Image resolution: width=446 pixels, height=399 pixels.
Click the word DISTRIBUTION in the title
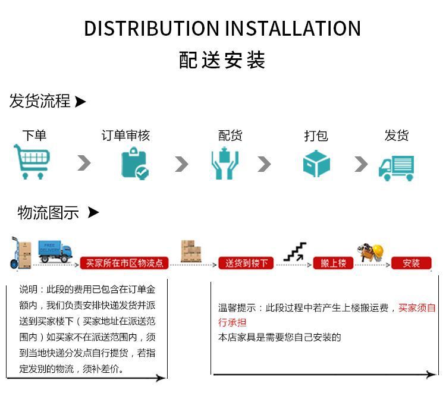point(151,29)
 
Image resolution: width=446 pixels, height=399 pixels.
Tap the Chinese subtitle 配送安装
point(222,61)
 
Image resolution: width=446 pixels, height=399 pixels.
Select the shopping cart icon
point(32,162)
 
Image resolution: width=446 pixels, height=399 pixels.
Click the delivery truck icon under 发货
point(397,167)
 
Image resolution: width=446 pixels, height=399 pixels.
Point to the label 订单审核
point(125,136)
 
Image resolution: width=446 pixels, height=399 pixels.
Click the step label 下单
point(34,136)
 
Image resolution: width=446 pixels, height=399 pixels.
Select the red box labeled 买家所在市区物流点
point(125,263)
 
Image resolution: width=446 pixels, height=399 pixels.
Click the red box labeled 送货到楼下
point(247,263)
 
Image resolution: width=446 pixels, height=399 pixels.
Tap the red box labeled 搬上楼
point(333,263)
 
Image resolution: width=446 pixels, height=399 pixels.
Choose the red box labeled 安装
point(411,263)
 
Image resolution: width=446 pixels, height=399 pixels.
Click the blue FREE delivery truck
point(55,252)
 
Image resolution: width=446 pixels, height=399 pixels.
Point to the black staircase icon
point(295,252)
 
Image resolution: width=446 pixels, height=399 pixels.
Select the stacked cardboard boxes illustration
point(190,251)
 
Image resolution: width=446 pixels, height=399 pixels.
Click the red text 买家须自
point(417,308)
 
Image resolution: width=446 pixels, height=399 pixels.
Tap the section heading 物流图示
point(48,212)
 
